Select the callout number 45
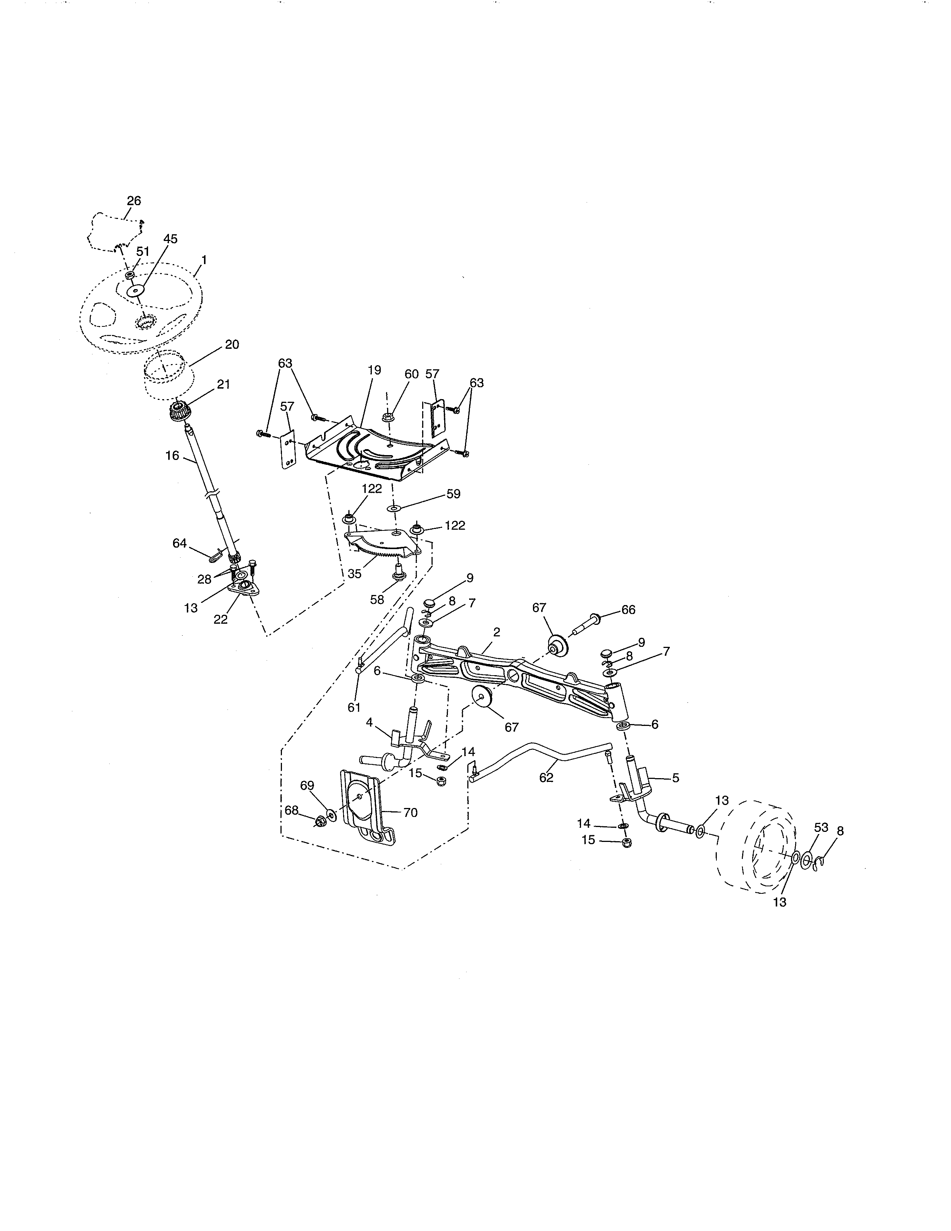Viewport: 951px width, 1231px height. [170, 239]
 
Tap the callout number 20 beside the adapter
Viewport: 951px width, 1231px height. [232, 344]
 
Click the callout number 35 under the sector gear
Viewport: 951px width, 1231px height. [354, 574]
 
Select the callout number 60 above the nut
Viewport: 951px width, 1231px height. [411, 374]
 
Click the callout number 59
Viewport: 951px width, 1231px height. [453, 494]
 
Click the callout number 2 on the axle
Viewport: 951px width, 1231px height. [496, 632]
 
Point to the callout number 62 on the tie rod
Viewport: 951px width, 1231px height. [546, 777]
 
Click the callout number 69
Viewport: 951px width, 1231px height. [307, 786]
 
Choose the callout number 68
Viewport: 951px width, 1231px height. [291, 811]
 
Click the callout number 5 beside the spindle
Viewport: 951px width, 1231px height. [675, 778]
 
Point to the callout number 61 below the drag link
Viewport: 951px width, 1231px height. [354, 707]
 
